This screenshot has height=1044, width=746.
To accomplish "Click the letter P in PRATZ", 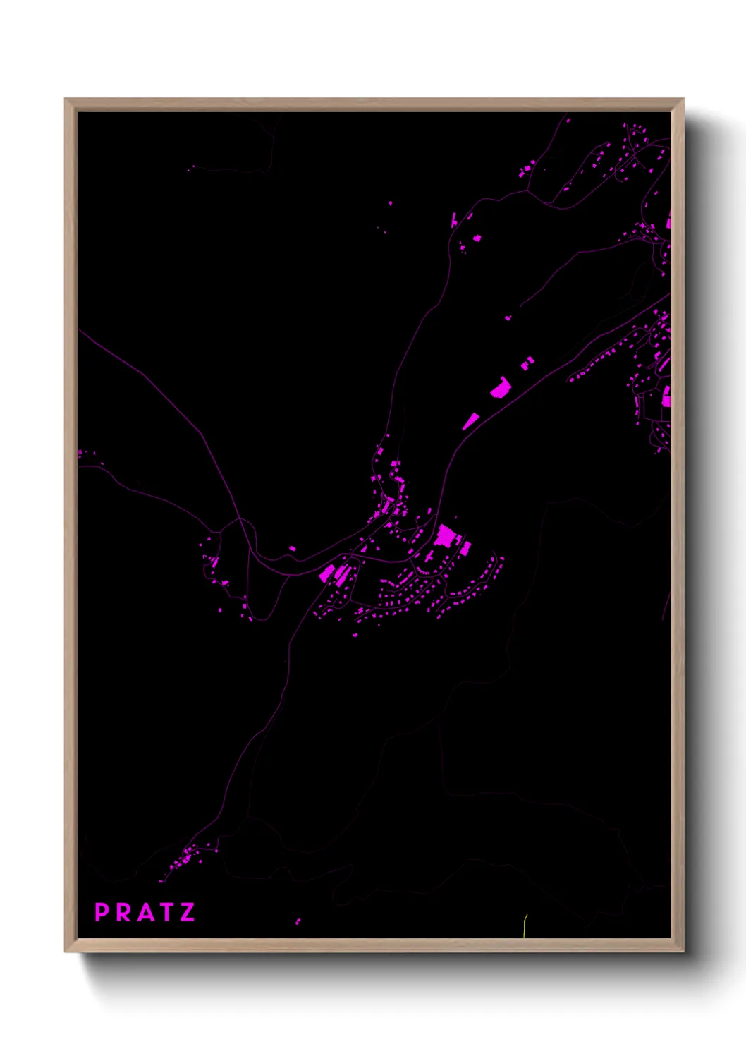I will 101,913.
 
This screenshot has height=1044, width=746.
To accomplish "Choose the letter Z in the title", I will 188,913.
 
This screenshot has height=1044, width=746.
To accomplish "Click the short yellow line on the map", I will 525,925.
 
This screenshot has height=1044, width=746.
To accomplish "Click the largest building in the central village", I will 446,538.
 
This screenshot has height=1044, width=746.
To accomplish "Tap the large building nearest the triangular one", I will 501,387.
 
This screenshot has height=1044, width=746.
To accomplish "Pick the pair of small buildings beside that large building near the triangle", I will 527,363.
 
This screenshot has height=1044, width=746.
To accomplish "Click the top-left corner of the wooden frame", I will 66,99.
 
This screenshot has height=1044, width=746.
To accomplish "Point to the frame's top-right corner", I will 683,99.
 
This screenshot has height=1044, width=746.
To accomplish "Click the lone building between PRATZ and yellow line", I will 298,921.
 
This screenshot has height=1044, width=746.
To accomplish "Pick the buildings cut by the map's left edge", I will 80,453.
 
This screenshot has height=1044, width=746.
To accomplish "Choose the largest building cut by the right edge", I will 666,397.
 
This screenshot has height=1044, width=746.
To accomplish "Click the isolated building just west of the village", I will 292,548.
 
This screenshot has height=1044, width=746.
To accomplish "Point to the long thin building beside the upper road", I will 454,219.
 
